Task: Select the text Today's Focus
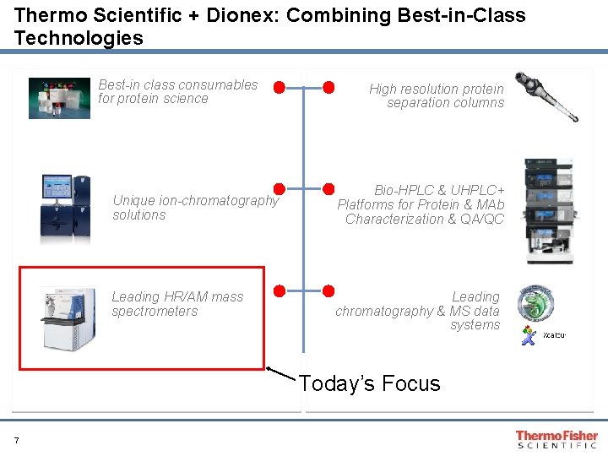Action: [x=370, y=384]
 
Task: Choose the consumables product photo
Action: [x=58, y=98]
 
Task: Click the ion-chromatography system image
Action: [x=64, y=206]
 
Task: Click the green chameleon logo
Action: [x=535, y=303]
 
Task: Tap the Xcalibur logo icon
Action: [x=529, y=335]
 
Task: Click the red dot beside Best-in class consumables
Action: [x=279, y=87]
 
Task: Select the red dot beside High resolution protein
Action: [x=328, y=87]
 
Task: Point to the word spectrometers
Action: [x=155, y=312]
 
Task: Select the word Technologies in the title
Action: [x=79, y=38]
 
